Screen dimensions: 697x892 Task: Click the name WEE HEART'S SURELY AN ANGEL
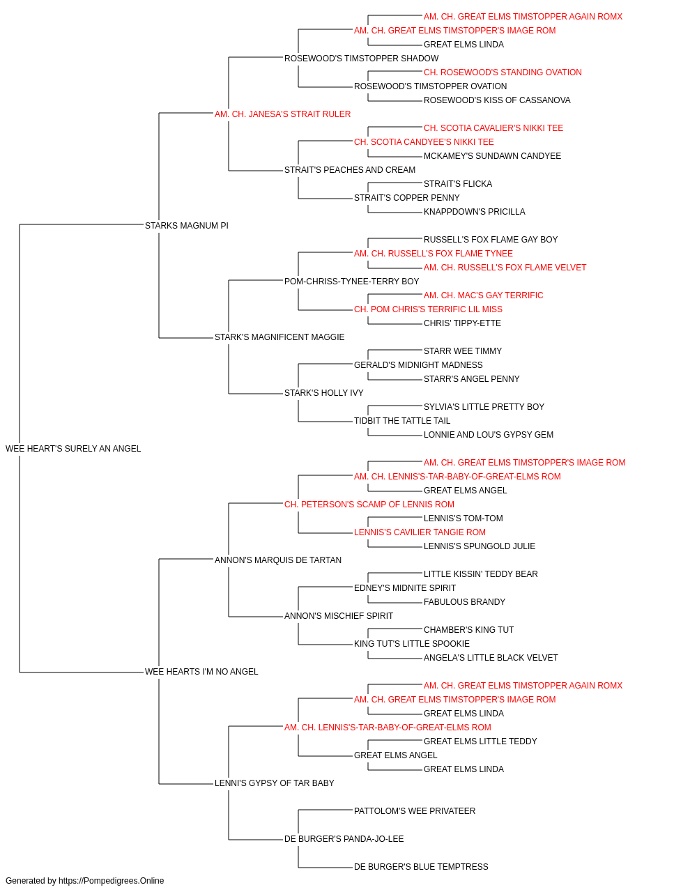click(73, 449)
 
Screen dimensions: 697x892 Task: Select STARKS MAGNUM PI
click(186, 226)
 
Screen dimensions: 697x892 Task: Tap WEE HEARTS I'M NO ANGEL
click(201, 672)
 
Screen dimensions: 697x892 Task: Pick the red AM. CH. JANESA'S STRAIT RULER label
click(282, 114)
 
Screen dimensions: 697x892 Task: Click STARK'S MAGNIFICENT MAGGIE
click(279, 337)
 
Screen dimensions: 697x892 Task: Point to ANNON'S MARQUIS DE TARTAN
click(278, 560)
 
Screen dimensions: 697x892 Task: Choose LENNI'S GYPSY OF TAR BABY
click(274, 783)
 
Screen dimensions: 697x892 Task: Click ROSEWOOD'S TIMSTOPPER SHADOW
click(361, 59)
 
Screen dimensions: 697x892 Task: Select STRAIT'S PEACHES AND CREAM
click(350, 170)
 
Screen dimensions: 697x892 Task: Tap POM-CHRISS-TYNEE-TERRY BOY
click(351, 282)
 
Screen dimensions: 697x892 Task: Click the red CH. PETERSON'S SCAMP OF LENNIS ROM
click(369, 505)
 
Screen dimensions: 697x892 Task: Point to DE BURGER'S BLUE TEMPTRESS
click(421, 867)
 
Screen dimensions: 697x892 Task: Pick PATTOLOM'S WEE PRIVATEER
click(415, 811)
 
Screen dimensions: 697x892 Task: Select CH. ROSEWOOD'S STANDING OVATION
click(503, 72)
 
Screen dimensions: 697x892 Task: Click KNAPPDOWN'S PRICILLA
click(474, 212)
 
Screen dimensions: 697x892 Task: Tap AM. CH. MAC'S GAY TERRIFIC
click(483, 295)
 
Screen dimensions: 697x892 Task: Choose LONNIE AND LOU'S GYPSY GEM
click(488, 435)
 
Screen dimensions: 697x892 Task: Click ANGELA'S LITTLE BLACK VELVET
click(491, 658)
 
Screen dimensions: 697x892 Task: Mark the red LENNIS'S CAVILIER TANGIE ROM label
click(420, 532)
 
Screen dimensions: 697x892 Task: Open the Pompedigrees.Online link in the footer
click(111, 881)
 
